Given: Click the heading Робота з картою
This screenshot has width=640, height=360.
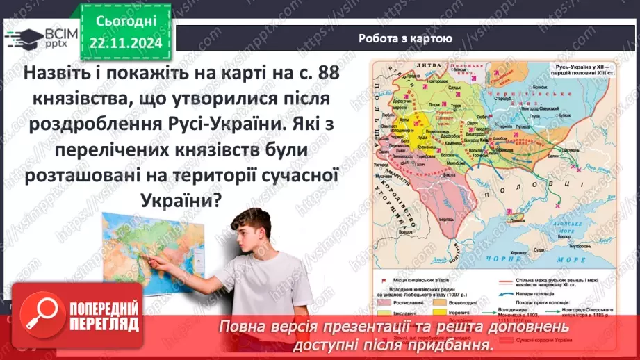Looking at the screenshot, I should [406, 39].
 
